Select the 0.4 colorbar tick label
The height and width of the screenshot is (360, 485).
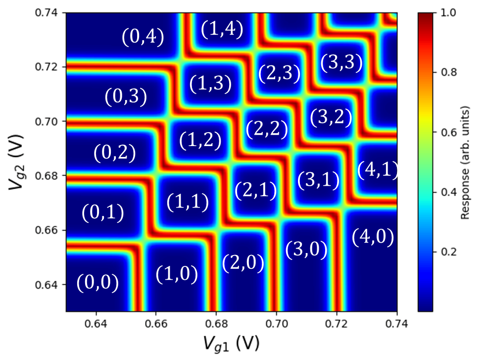coord(440,192)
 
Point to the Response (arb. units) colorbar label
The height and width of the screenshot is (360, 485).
coord(465,161)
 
